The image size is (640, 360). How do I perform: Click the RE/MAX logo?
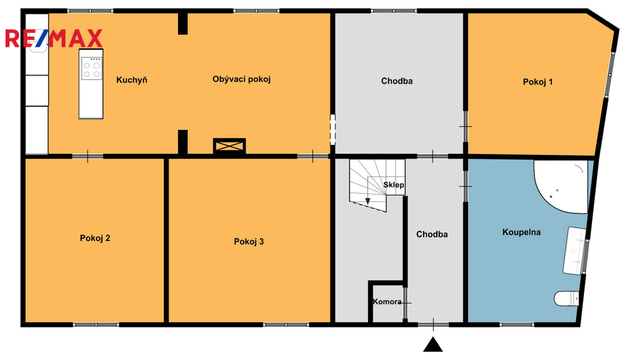54,38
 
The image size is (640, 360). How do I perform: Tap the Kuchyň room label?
131,79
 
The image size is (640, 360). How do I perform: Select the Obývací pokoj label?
242,79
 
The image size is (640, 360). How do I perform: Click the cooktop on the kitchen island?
91,68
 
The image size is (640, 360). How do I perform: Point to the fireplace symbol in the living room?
229,146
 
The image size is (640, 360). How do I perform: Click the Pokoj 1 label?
537,82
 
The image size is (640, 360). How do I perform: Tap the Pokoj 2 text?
95,238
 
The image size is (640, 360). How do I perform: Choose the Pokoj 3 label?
249,241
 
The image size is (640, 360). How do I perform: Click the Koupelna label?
521,232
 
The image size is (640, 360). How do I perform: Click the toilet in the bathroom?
566,298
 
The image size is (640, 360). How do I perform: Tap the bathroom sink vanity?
574,251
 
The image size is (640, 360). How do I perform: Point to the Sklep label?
394,185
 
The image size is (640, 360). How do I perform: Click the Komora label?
387,302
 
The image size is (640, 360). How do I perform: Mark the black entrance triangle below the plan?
433,344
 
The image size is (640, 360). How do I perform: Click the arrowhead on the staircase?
367,201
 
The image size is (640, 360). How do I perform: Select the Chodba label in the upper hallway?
397,81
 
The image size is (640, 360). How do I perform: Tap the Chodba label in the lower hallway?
432,234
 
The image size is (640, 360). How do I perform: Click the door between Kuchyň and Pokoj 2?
87,156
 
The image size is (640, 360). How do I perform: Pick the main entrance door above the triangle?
434,325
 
